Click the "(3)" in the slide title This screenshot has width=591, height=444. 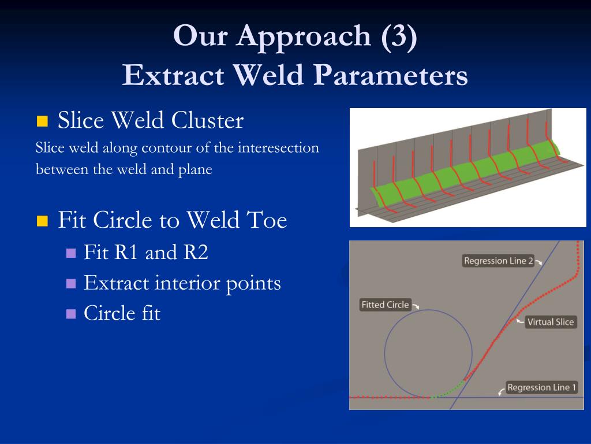(x=399, y=36)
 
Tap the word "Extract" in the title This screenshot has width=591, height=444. (x=173, y=75)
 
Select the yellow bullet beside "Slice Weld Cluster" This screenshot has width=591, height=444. (x=42, y=121)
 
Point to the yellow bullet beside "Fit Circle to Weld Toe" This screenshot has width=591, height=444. (x=42, y=220)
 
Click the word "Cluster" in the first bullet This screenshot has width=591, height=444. (x=207, y=120)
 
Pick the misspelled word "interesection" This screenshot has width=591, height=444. (x=278, y=147)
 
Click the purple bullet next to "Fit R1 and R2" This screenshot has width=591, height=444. (x=71, y=253)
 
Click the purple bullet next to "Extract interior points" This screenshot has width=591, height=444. (x=71, y=283)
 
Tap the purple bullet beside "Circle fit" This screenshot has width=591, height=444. (x=71, y=314)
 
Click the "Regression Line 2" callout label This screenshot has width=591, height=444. (x=498, y=261)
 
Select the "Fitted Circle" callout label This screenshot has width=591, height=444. (x=385, y=305)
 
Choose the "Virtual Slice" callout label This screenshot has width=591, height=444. (x=551, y=322)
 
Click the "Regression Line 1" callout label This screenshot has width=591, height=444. (x=541, y=387)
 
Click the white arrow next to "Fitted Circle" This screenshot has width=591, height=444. (x=416, y=306)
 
